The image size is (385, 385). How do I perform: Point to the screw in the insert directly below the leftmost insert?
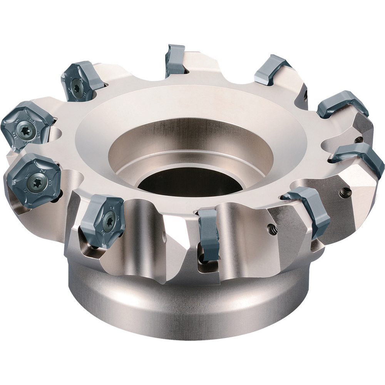click(x=37, y=179)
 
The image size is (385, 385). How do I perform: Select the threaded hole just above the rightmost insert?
click(x=358, y=139)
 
